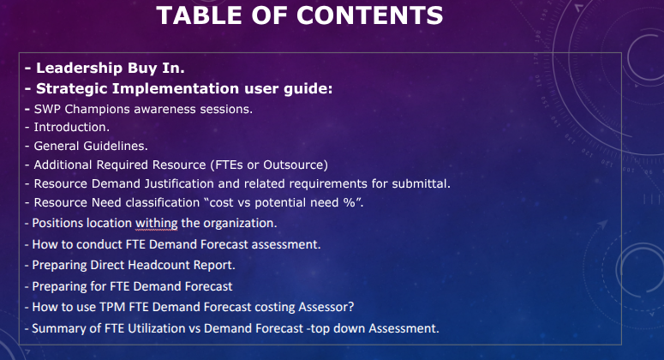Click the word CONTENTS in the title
point(369,15)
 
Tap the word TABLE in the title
point(200,15)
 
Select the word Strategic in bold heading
point(72,89)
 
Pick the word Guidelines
point(116,146)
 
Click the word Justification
point(179,183)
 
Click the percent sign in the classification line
point(350,202)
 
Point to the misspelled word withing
point(156,224)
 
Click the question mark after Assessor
point(350,307)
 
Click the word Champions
point(98,110)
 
